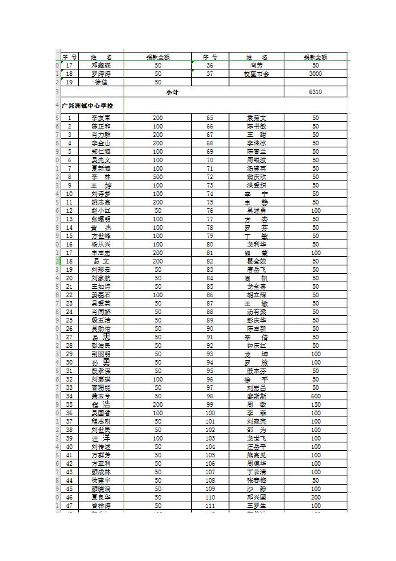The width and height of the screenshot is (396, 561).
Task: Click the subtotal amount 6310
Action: (x=315, y=92)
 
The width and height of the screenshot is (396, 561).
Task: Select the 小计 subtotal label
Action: (x=172, y=92)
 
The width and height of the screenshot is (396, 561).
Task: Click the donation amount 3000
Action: (x=315, y=74)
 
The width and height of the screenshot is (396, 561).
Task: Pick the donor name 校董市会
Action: (x=257, y=74)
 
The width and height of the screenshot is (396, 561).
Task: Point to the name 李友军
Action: (x=101, y=118)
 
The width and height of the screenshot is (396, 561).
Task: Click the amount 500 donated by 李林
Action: (x=158, y=177)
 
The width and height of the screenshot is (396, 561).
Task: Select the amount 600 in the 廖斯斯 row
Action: (x=315, y=396)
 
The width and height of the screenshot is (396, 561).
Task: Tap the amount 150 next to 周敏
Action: (x=315, y=404)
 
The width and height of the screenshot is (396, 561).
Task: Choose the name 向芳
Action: (x=257, y=65)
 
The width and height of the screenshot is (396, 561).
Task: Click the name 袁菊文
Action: (x=257, y=118)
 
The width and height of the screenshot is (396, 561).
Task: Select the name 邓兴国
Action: (x=257, y=497)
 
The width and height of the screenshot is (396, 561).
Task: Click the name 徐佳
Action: (x=101, y=82)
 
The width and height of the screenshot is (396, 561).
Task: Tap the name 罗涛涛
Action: (x=101, y=74)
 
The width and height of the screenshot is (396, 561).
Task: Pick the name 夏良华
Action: (x=101, y=497)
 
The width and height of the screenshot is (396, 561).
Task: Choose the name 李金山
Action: (x=101, y=143)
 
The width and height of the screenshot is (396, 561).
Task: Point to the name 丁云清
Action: (x=257, y=472)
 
